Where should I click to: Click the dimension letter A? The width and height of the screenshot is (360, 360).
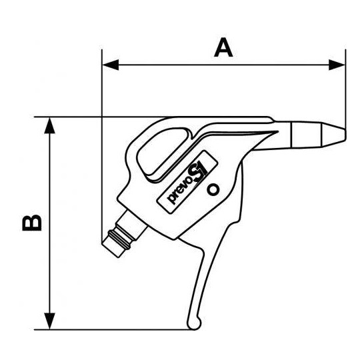pos(223,47)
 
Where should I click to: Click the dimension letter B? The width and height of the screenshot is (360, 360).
pos(32,223)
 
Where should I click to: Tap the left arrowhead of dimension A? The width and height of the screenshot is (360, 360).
pos(111,65)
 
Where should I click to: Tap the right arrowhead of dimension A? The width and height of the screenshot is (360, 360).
pos(337,65)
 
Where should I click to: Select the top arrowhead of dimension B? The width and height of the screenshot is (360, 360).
pos(49,125)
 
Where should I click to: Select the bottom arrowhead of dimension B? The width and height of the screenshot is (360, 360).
pos(49,321)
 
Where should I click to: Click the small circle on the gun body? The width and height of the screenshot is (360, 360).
pos(213,189)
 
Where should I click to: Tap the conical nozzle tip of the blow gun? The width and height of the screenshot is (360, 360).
pos(333,135)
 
